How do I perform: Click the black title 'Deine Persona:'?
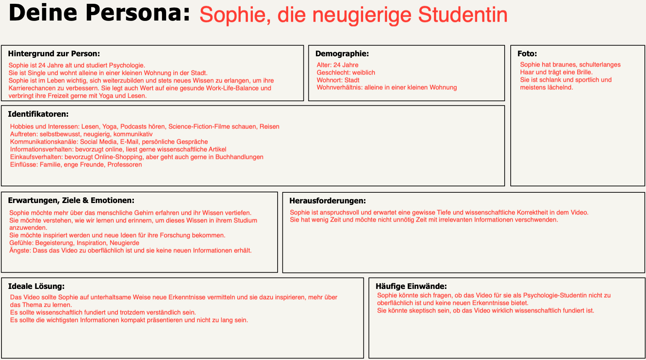click(99, 13)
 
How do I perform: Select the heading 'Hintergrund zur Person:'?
click(54, 54)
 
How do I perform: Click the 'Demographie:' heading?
click(342, 54)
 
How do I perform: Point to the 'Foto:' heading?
click(527, 54)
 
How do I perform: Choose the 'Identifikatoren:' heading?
click(38, 114)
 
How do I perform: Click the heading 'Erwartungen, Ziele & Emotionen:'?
click(71, 200)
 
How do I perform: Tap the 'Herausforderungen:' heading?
click(327, 201)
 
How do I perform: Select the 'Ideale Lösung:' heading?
click(36, 286)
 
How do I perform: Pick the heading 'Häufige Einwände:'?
click(411, 286)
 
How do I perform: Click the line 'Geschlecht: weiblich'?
click(346, 73)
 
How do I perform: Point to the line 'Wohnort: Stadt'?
click(338, 80)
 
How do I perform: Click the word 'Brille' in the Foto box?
click(584, 72)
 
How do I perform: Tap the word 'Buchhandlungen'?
click(239, 157)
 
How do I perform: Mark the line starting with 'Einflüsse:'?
click(76, 165)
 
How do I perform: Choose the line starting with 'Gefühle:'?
click(74, 243)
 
